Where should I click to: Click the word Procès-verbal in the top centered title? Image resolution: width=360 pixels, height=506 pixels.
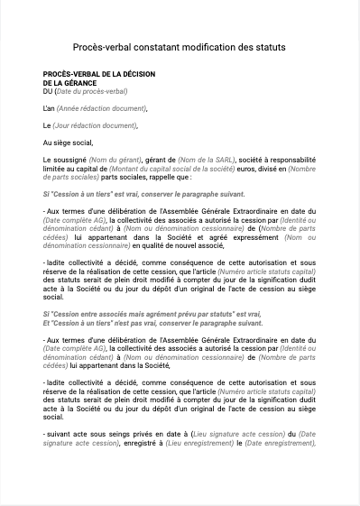pyautogui.click(x=101, y=46)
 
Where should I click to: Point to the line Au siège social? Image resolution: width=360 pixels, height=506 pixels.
pyautogui.click(x=68, y=143)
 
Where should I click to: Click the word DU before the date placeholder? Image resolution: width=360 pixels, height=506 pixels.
pyautogui.click(x=48, y=91)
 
